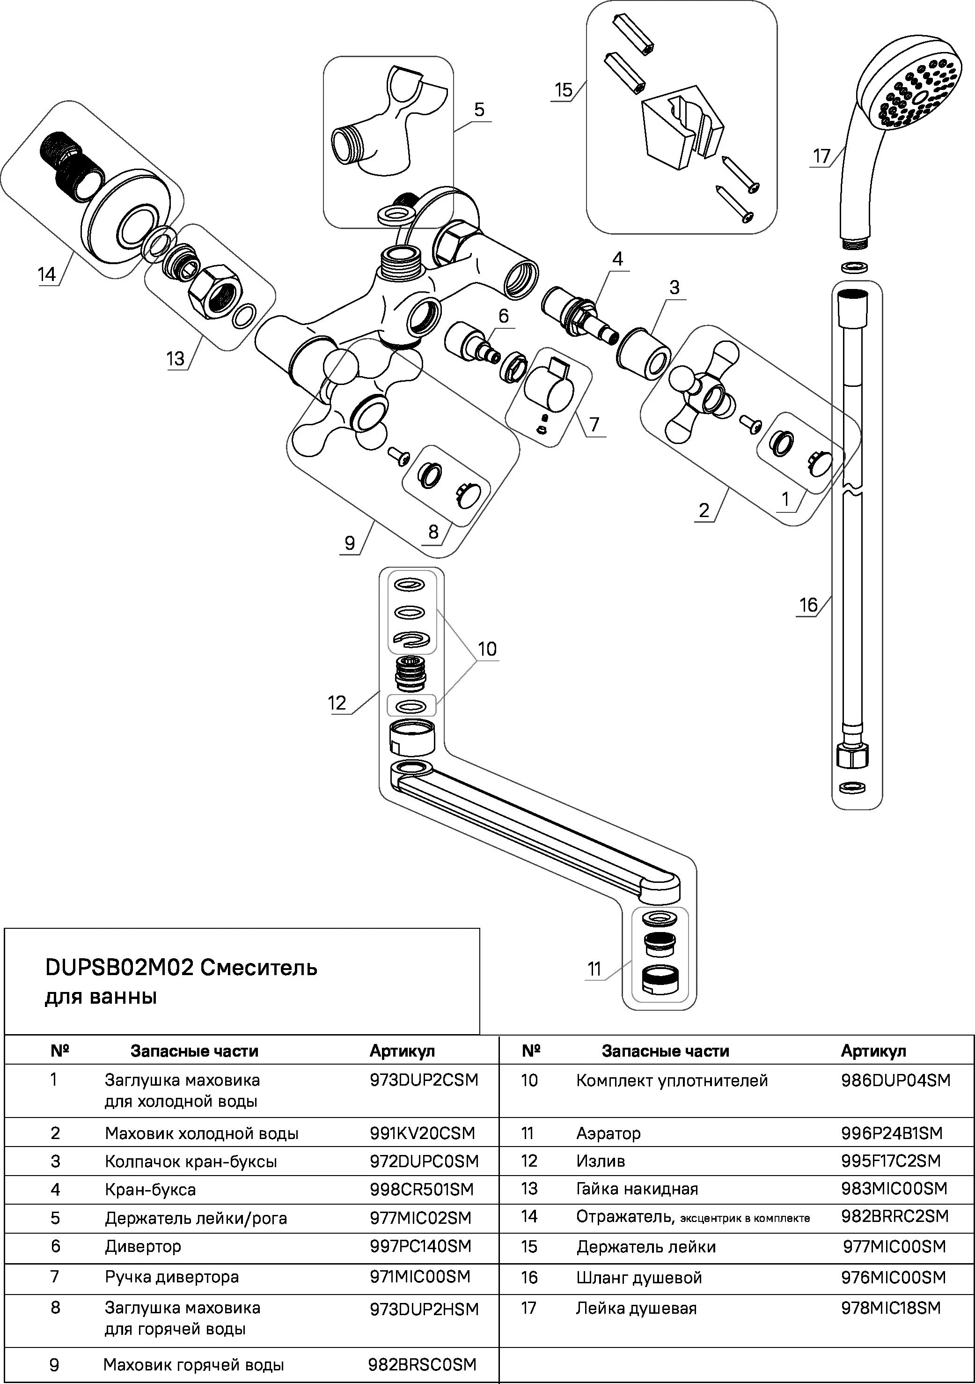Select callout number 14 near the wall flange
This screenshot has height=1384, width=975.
(x=47, y=275)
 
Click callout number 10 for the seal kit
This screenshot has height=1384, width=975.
(x=487, y=649)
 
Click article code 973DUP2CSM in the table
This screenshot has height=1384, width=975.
(x=424, y=1080)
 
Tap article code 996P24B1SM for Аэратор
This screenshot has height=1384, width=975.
(x=891, y=1133)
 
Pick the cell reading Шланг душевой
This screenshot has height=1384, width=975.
(x=639, y=1277)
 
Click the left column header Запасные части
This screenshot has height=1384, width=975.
(x=194, y=1051)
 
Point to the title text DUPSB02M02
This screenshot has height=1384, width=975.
(x=119, y=968)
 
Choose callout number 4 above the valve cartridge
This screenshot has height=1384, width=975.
(x=618, y=259)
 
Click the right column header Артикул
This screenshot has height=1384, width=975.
(x=873, y=1051)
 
